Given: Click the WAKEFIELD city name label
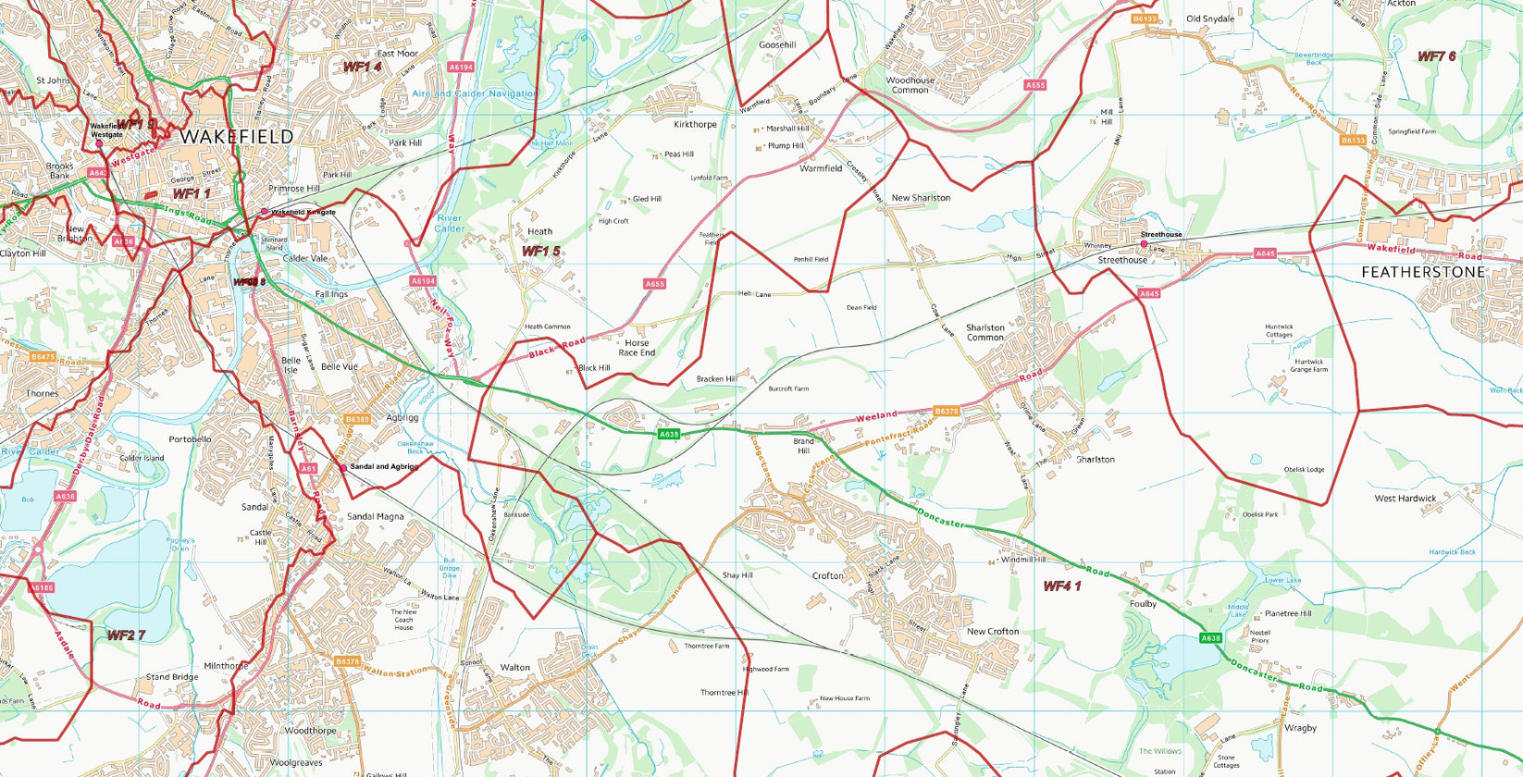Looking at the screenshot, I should coord(236,136).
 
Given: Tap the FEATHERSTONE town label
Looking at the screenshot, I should coord(1422,272).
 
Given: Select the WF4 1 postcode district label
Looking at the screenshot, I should coord(1061,586).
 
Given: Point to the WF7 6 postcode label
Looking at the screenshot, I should coord(1436,56).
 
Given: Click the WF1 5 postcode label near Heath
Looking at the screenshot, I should coord(540,251).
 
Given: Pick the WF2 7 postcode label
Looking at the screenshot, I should coord(126,635).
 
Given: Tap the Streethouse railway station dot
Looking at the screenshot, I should coord(1144,244).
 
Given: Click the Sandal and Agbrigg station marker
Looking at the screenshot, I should coord(343,468).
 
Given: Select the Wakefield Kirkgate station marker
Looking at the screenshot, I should coord(265,212).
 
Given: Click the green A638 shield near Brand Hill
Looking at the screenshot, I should coord(669,434).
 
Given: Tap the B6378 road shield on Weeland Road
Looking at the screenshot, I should coord(947,411).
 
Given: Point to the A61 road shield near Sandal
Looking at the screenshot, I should coord(309,469).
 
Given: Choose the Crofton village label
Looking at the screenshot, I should coord(827,575).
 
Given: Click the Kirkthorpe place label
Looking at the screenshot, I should coord(695,124).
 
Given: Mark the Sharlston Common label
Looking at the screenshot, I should coord(984,332).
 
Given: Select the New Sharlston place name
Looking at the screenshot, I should coord(920,198).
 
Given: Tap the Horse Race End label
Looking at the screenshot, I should coord(637,348).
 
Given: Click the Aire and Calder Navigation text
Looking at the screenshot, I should coord(474,93).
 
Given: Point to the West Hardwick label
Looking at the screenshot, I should coord(1405,499).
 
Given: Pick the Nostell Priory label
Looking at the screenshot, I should coord(1259,636).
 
